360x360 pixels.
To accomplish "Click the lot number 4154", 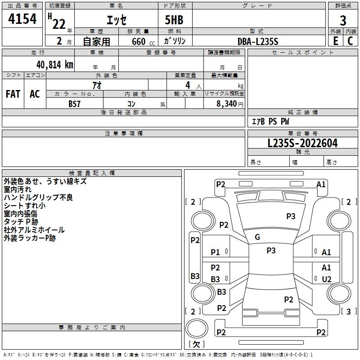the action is [x=22, y=19].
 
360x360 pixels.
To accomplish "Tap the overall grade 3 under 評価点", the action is [x=343, y=21].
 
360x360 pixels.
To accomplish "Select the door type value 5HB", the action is [x=174, y=20].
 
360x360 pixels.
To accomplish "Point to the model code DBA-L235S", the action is [x=258, y=41].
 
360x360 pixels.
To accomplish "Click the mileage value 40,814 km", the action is [x=55, y=65].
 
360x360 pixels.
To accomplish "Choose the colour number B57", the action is [x=74, y=104].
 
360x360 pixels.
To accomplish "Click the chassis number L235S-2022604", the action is [x=302, y=143].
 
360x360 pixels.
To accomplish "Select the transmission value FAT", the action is [x=13, y=94].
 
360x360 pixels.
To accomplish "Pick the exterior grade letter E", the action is [x=336, y=41].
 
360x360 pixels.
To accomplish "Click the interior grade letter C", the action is [x=350, y=41].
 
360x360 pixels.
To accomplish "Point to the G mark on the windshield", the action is [x=257, y=237].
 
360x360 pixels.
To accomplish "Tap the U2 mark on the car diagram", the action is [x=327, y=279].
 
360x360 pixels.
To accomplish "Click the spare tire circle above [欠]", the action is [x=197, y=328].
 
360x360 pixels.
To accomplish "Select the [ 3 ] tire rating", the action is [x=349, y=311].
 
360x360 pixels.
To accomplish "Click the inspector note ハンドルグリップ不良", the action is [x=38, y=198].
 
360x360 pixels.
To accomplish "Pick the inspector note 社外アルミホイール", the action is [x=34, y=230].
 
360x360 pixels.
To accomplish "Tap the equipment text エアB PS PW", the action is [x=270, y=121].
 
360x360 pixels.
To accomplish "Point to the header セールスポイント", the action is [x=302, y=52].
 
